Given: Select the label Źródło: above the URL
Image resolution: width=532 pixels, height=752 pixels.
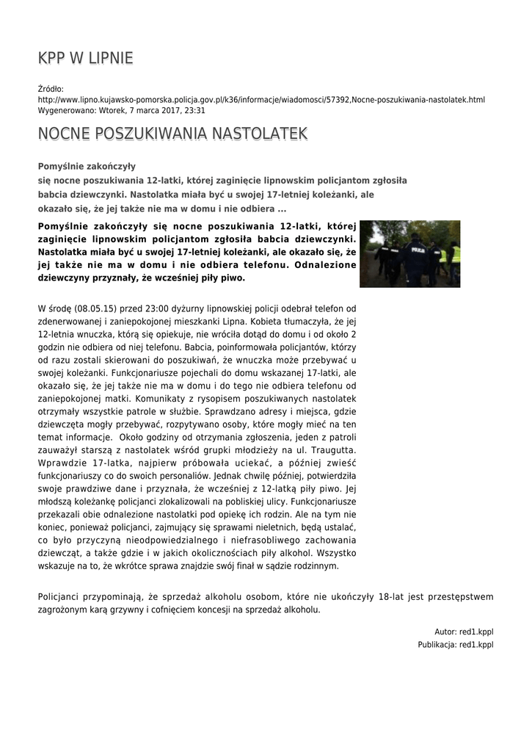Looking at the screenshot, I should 51,89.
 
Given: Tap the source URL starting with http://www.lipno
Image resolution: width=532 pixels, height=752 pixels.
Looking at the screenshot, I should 261,99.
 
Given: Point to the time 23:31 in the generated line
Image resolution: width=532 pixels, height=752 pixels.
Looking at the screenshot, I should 194,110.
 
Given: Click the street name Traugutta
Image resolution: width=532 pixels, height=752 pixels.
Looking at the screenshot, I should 331,449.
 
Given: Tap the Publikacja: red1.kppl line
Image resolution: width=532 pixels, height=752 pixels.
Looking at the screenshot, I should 456,645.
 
